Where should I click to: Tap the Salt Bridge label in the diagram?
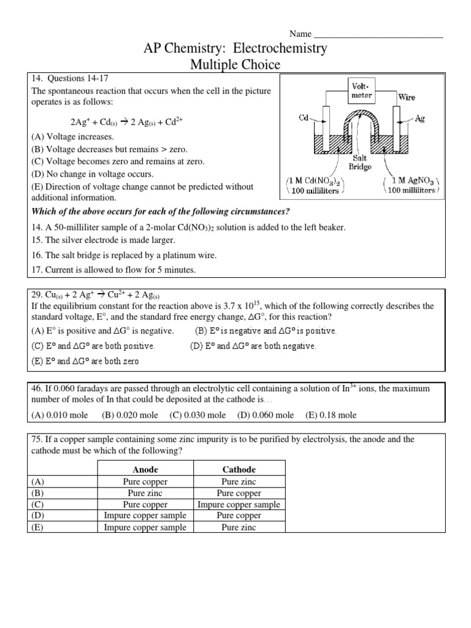[360, 162]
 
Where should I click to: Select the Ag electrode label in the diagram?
[420, 118]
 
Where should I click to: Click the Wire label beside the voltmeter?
[407, 97]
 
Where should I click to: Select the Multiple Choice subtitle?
[236, 64]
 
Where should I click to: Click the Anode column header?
[145, 469]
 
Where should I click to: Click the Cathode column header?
[239, 469]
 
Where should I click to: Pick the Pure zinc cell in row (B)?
[145, 493]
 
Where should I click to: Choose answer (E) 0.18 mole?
[331, 415]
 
